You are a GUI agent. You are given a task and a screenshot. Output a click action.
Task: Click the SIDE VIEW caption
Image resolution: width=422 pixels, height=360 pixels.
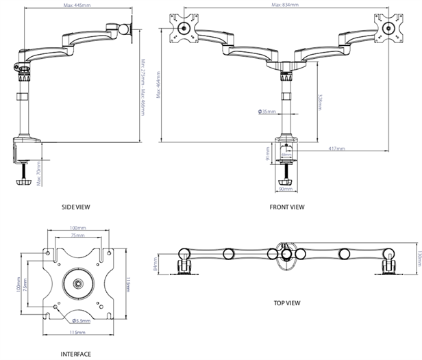click(x=75, y=206)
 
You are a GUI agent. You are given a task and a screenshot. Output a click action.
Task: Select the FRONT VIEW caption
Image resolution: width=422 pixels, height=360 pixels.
click(x=287, y=206)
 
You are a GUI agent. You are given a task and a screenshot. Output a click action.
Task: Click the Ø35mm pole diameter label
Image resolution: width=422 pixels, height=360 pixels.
click(x=267, y=112)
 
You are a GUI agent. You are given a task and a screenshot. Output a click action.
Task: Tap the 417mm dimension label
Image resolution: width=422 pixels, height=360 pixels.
click(x=336, y=149)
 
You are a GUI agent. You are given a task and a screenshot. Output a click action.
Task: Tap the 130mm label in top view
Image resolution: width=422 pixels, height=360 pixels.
click(x=417, y=259)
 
